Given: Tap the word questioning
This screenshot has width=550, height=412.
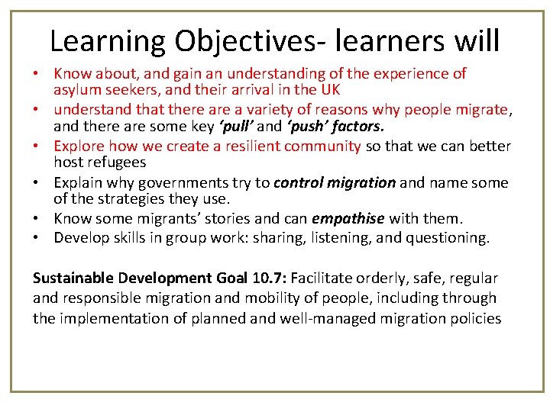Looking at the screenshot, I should [x=446, y=238].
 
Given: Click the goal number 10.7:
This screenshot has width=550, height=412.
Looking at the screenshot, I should [x=270, y=278].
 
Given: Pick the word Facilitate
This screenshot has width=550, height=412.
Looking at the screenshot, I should [x=324, y=278].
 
